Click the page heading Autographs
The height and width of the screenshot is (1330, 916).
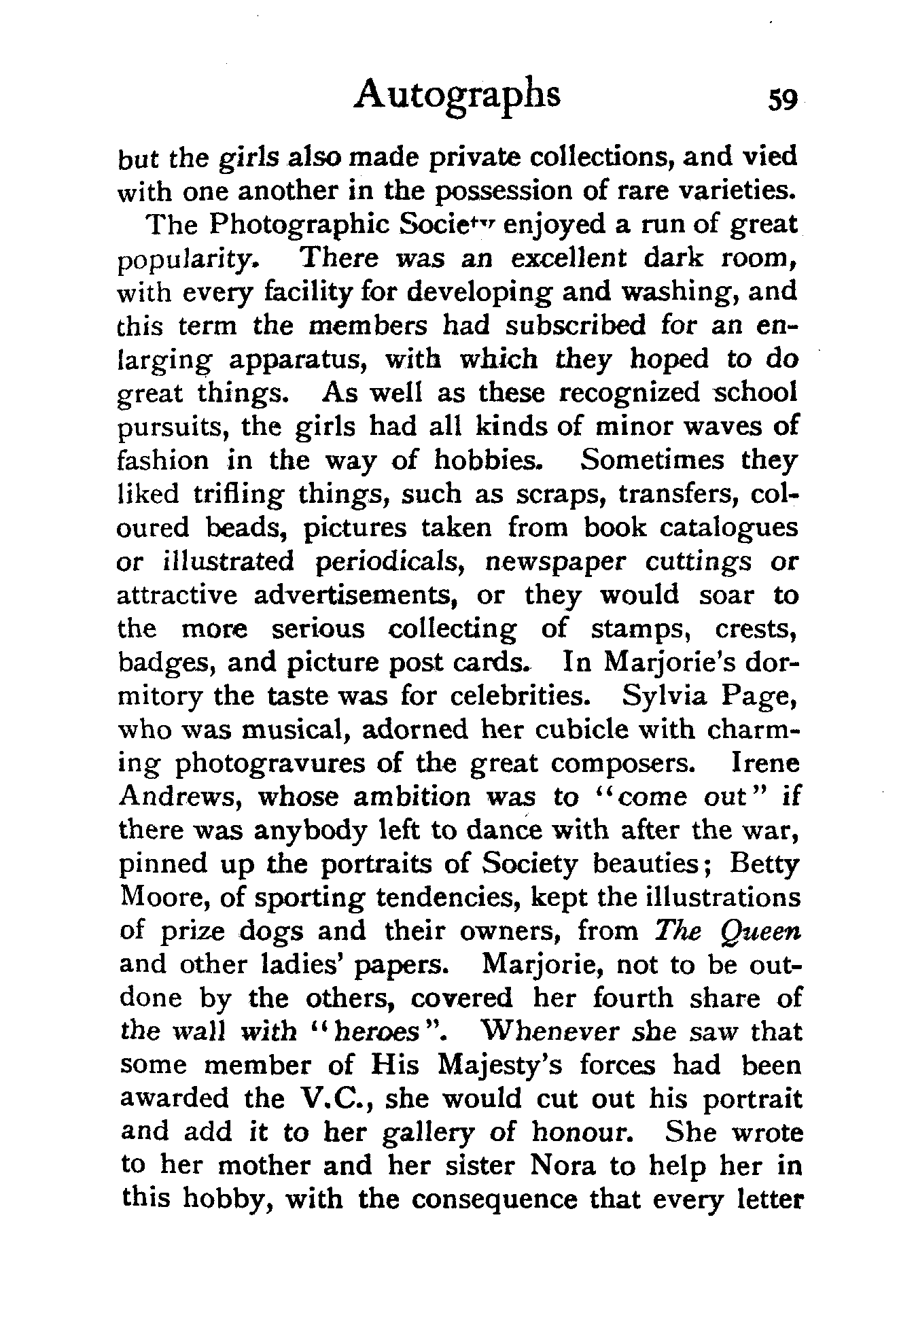coord(457,96)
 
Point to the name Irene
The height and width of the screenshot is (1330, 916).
coord(766,763)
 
